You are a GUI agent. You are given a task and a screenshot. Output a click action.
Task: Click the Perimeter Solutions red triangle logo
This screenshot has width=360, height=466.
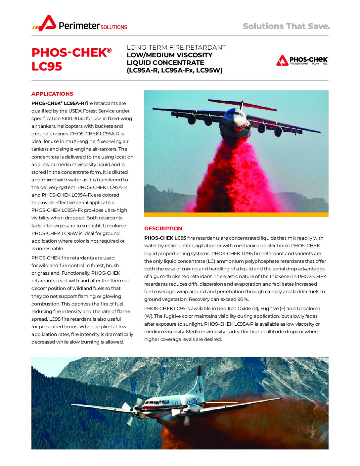tap(46, 23)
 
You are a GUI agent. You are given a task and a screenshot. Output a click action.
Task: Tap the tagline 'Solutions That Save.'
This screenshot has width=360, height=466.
tap(286, 26)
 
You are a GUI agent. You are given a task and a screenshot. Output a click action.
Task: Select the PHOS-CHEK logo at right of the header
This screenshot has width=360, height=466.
tap(302, 60)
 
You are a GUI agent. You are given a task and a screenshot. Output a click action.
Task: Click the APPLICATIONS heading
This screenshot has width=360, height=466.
tap(52, 94)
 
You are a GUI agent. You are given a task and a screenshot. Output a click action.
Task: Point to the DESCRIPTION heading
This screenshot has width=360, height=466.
tap(163, 228)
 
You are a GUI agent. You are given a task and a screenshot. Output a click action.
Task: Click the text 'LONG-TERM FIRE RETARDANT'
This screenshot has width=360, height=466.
tap(176, 47)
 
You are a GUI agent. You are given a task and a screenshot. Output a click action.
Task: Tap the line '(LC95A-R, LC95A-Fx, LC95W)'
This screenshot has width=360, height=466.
tap(174, 70)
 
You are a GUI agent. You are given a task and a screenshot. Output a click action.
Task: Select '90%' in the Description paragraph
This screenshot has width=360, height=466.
tap(243, 299)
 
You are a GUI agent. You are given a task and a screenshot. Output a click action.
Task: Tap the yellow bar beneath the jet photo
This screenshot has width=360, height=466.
tap(236, 215)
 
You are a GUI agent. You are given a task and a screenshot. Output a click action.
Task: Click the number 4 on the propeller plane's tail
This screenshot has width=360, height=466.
tap(200, 387)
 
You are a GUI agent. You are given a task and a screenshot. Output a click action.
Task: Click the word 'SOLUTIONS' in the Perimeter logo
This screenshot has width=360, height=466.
tap(114, 27)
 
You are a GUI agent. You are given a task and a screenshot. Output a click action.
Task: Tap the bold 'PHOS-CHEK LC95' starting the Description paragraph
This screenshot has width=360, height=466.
tap(165, 238)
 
